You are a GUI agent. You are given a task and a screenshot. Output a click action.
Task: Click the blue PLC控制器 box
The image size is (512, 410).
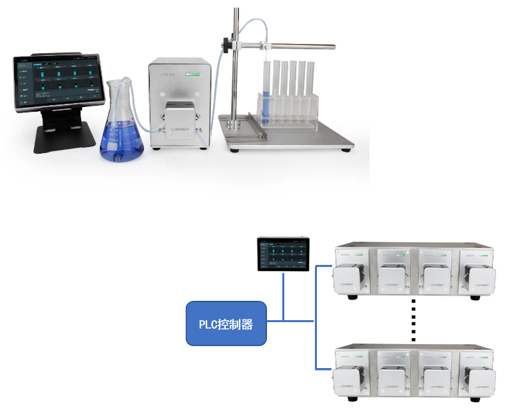(226, 323)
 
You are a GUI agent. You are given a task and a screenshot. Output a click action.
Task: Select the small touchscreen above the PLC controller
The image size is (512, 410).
(282, 256)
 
